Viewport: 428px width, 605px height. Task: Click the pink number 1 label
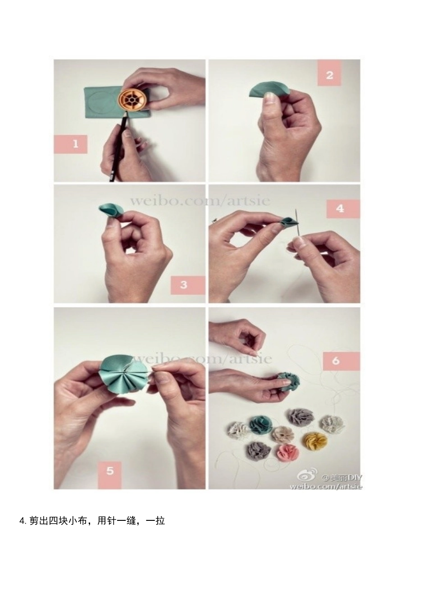tap(70, 144)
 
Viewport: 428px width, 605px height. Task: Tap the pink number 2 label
tap(329, 73)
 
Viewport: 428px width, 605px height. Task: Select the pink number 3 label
tap(187, 285)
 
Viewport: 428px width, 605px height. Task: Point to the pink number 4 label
tap(343, 209)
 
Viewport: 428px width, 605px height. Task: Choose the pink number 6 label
tap(341, 361)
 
